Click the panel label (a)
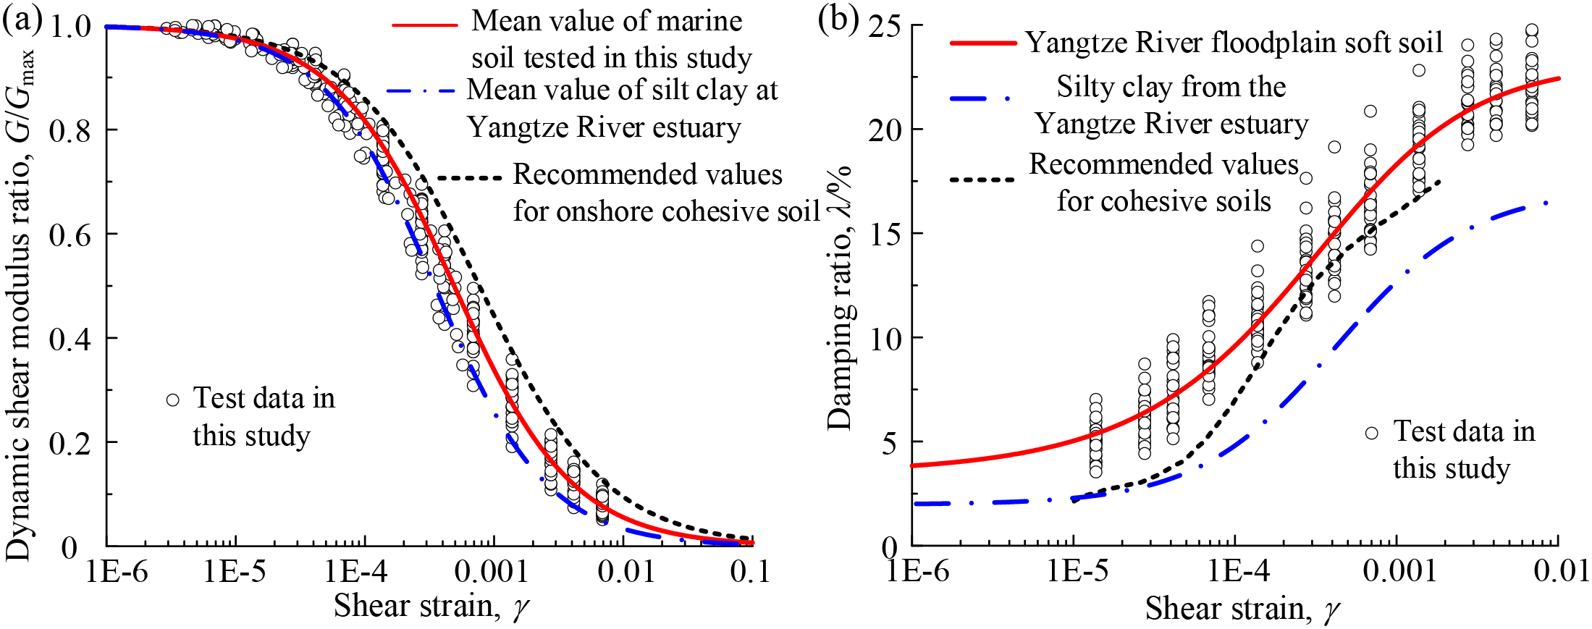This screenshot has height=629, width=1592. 22,20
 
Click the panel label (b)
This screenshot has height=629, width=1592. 838,20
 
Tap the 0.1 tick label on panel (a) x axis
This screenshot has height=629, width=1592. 750,572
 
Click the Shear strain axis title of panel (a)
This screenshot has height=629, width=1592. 431,606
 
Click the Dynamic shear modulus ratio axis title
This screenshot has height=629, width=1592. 20,304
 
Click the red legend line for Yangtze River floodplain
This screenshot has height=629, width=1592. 983,43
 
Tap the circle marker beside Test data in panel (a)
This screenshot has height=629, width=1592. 172,400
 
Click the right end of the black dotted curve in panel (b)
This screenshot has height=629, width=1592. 1440,182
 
